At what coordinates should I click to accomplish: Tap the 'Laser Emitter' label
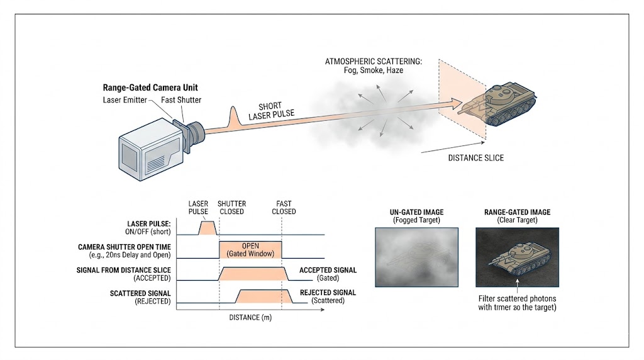(125, 100)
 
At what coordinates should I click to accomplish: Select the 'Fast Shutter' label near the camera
(178, 100)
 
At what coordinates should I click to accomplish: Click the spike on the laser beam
(235, 117)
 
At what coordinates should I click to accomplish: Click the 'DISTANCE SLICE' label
(475, 157)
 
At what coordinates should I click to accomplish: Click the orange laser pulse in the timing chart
(206, 228)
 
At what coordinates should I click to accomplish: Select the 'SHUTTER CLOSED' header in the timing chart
(232, 208)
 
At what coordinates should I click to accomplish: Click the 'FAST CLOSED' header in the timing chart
(284, 208)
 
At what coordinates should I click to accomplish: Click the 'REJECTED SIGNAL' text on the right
(328, 293)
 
